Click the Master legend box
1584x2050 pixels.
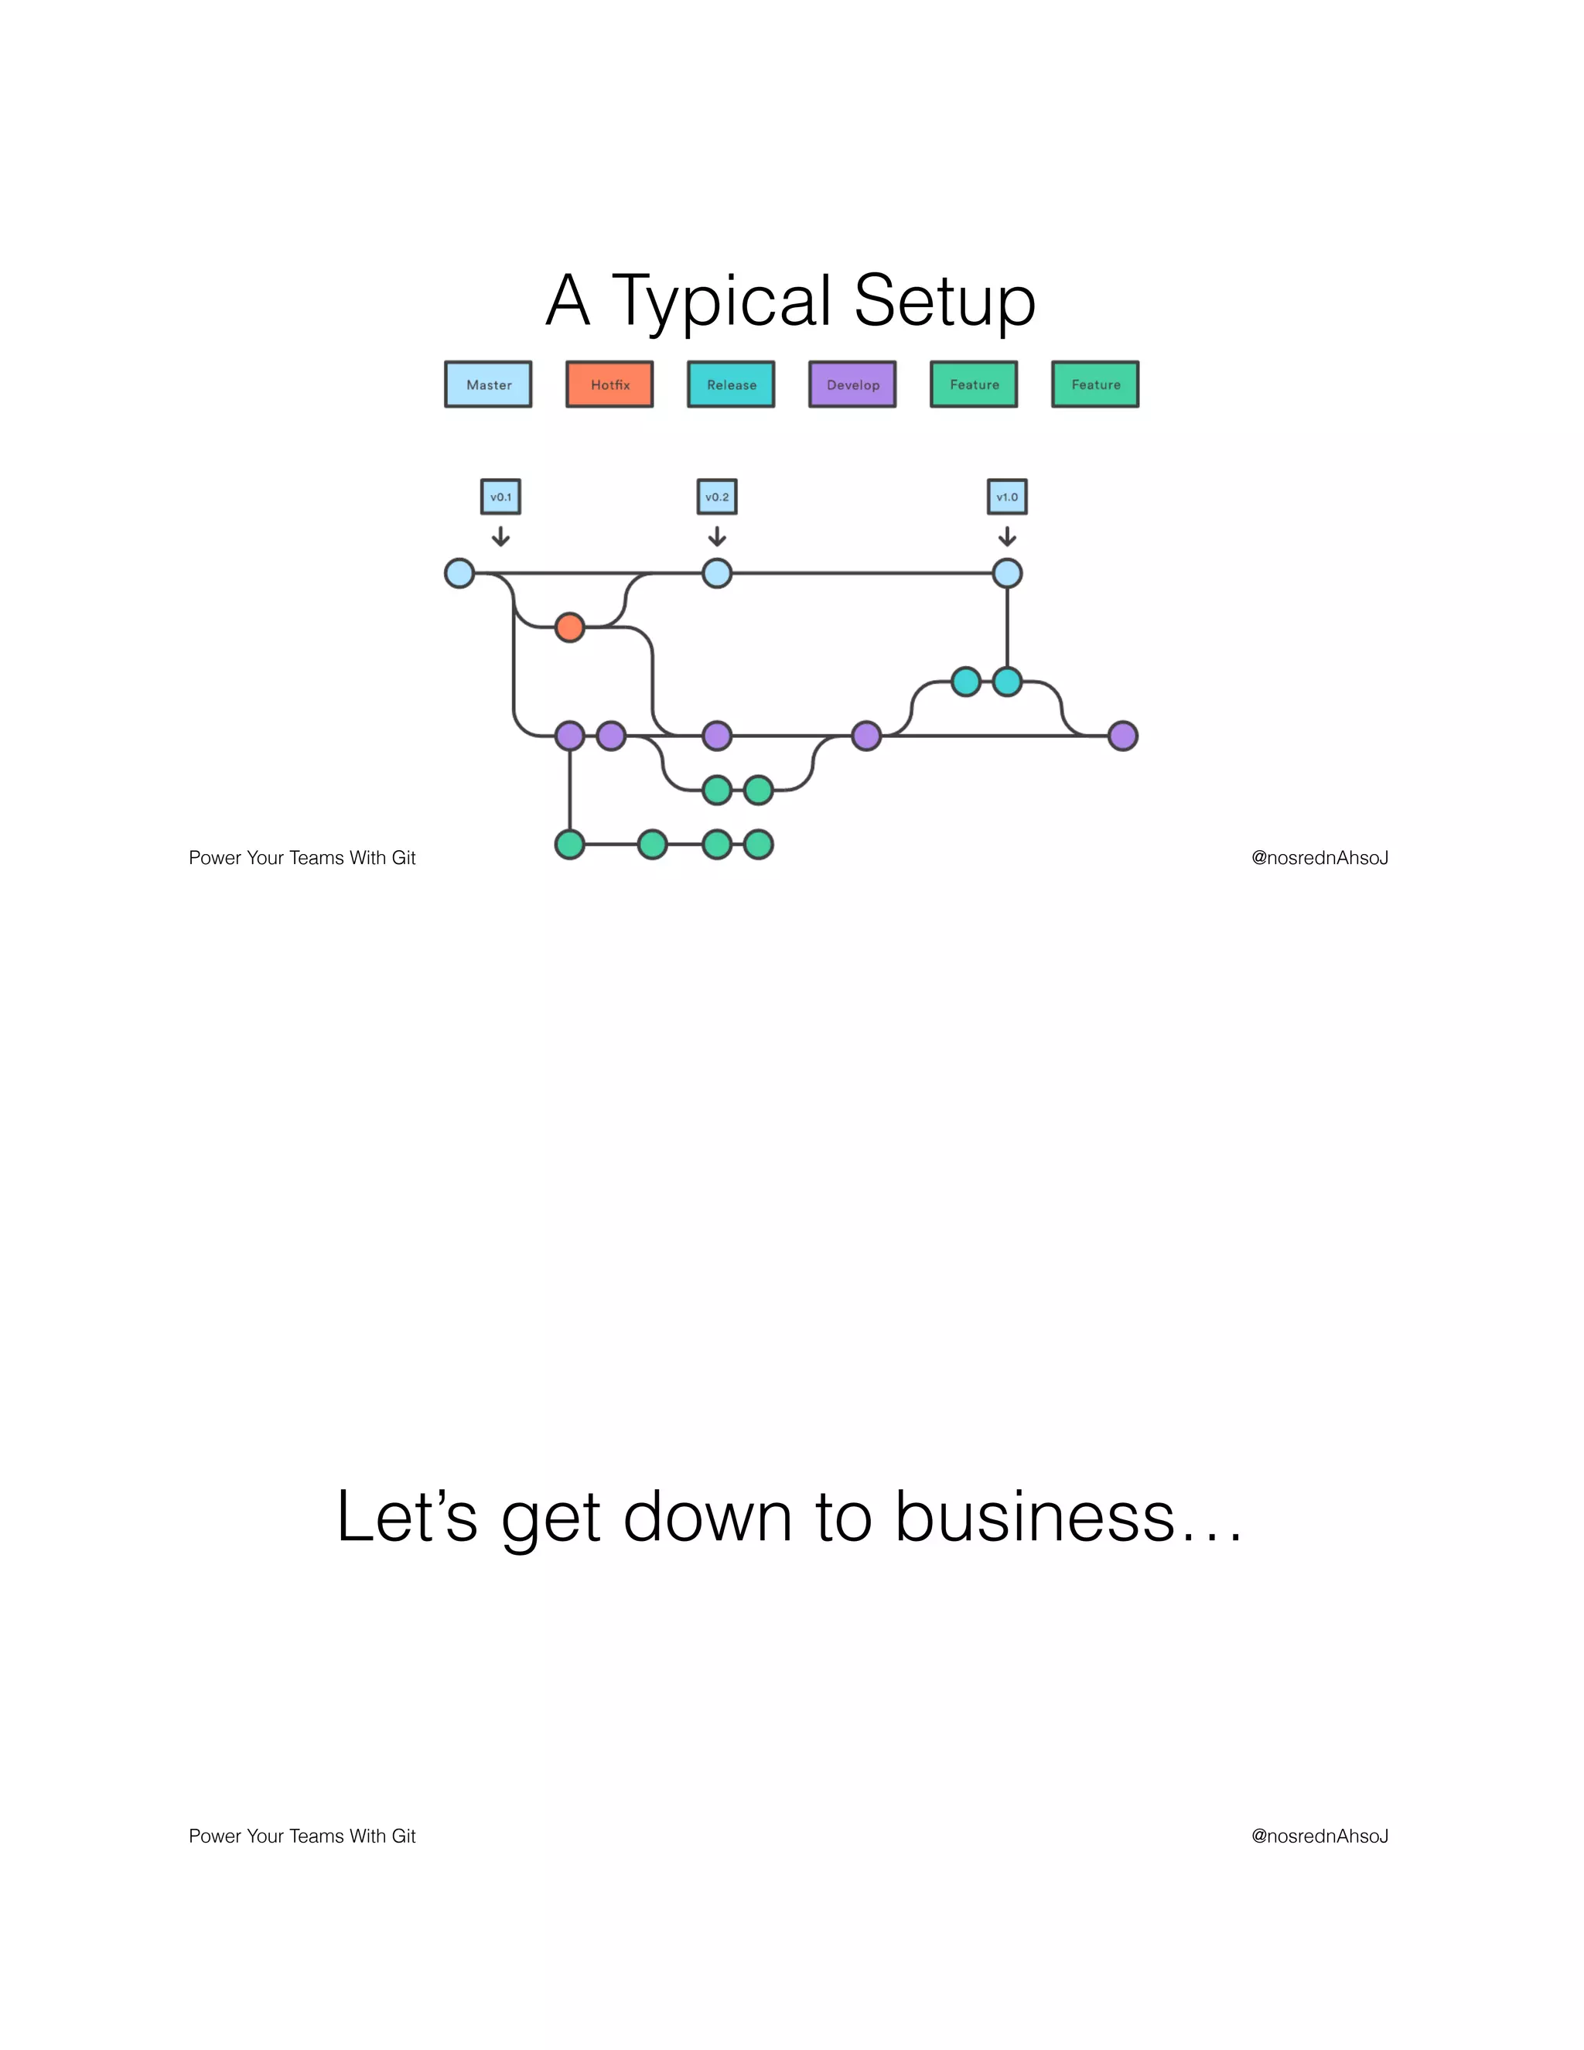tap(488, 384)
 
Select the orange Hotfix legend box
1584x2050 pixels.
tap(609, 384)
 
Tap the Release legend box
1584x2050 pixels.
tap(731, 384)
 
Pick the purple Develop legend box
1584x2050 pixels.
tap(852, 384)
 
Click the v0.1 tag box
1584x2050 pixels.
tap(500, 497)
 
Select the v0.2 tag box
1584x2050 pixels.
tap(717, 497)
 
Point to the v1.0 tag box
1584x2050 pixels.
tap(1007, 497)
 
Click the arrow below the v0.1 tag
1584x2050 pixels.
tap(501, 536)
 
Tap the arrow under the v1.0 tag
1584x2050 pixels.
tap(1007, 536)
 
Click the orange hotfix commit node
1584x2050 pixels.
tap(569, 627)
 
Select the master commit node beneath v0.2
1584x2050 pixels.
tap(717, 572)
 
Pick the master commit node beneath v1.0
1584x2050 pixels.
tap(1007, 572)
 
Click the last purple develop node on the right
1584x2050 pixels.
tap(1122, 736)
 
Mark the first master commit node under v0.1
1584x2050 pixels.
tap(459, 572)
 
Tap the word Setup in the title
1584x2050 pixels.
tap(944, 301)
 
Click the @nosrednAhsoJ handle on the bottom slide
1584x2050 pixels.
tap(1319, 1836)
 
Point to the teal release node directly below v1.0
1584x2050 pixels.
tap(1007, 682)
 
